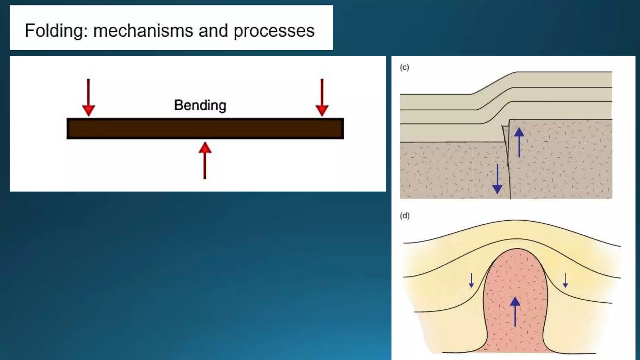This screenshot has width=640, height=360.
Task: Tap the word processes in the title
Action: [x=274, y=31]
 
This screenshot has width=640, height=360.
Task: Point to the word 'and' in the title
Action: [x=213, y=31]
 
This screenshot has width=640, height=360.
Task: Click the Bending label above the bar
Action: [x=200, y=105]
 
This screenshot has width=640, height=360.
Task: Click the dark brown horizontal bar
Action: [x=205, y=128]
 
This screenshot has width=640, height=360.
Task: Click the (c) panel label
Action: [x=404, y=67]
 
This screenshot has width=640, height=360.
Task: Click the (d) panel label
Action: [x=405, y=216]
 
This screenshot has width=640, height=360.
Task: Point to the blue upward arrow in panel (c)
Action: [x=519, y=142]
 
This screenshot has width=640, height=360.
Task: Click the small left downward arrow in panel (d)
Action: [x=471, y=280]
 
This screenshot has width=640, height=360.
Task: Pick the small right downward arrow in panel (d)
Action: [x=565, y=280]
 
